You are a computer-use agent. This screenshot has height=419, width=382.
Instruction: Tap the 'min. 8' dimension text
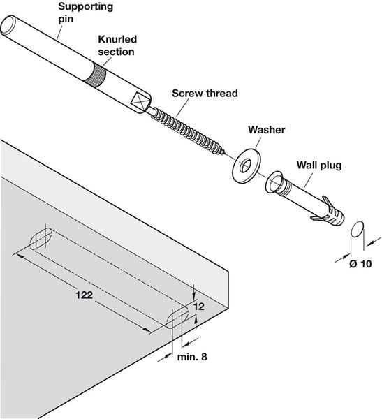pos(191,356)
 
